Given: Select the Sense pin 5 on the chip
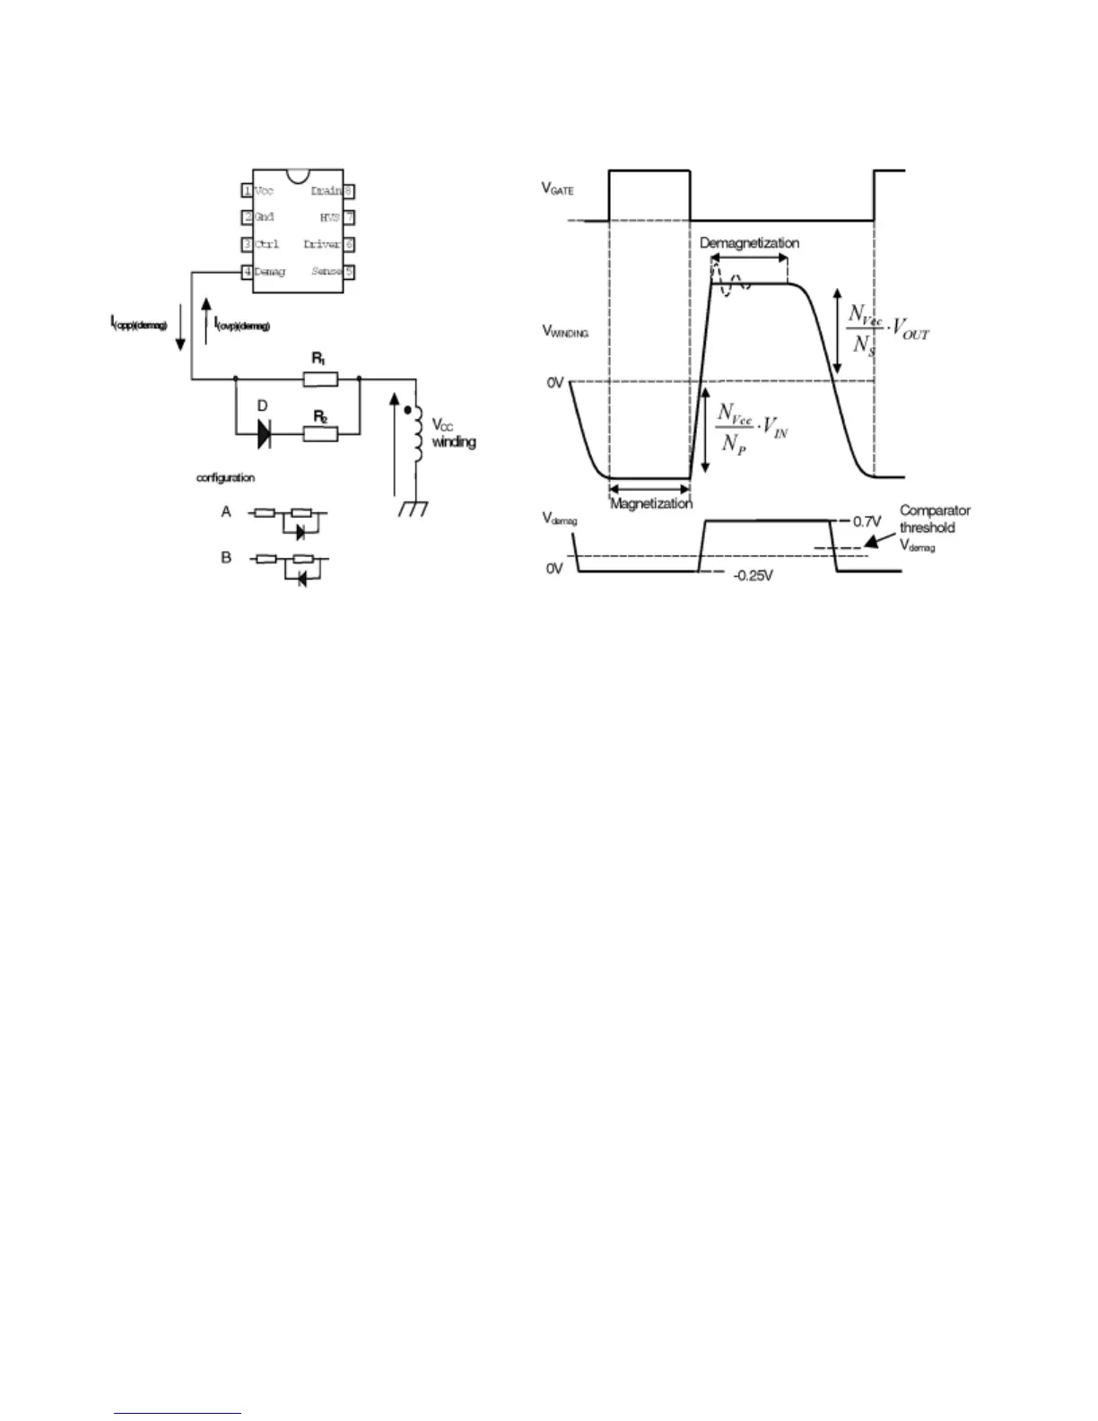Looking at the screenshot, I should click(332, 271).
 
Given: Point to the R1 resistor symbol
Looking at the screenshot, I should click(320, 379).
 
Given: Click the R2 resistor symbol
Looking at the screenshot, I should click(320, 435).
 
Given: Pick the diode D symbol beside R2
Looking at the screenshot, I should click(265, 435).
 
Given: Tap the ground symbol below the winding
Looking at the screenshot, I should click(414, 509).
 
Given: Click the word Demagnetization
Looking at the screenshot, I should click(749, 243).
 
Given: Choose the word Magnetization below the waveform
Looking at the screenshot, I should click(651, 503).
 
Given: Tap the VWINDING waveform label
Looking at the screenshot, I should click(565, 331).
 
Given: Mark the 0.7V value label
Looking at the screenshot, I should click(867, 520).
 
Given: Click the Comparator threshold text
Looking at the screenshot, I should click(935, 519).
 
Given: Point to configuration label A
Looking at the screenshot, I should click(226, 511).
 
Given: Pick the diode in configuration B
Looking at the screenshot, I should click(301, 580).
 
